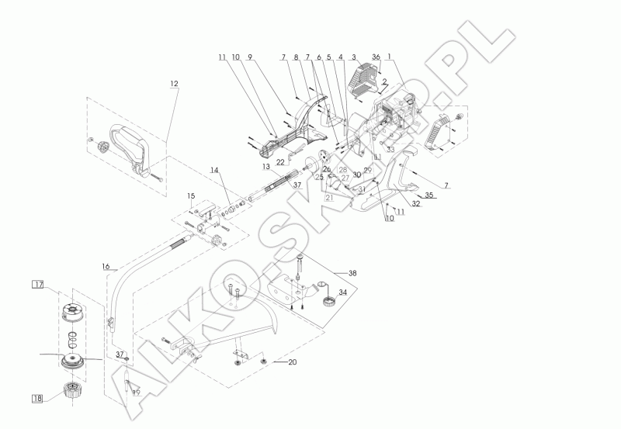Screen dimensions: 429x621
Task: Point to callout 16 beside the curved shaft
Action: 106,266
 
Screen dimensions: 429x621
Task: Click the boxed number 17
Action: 38,285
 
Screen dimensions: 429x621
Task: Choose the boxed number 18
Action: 37,398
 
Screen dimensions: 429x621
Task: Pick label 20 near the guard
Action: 292,362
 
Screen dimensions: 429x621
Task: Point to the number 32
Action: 416,205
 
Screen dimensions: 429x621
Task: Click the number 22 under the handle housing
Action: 279,161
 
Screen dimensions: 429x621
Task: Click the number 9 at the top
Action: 250,57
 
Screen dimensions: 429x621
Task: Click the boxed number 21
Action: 329,198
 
